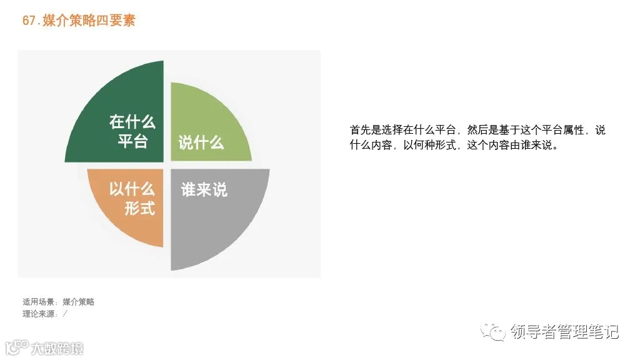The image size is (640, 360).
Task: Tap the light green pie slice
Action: point(212,112)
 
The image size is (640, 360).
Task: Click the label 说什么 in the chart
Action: point(201,142)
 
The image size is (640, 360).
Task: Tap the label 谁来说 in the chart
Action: point(204,189)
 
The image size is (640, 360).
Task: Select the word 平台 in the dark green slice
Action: point(132,141)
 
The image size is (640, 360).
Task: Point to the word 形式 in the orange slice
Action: point(139,208)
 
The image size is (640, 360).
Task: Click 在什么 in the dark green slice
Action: point(132,121)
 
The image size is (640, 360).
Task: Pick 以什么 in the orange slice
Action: point(132,189)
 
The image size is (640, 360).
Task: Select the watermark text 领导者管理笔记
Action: point(564,331)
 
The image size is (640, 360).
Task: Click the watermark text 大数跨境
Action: point(57,348)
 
